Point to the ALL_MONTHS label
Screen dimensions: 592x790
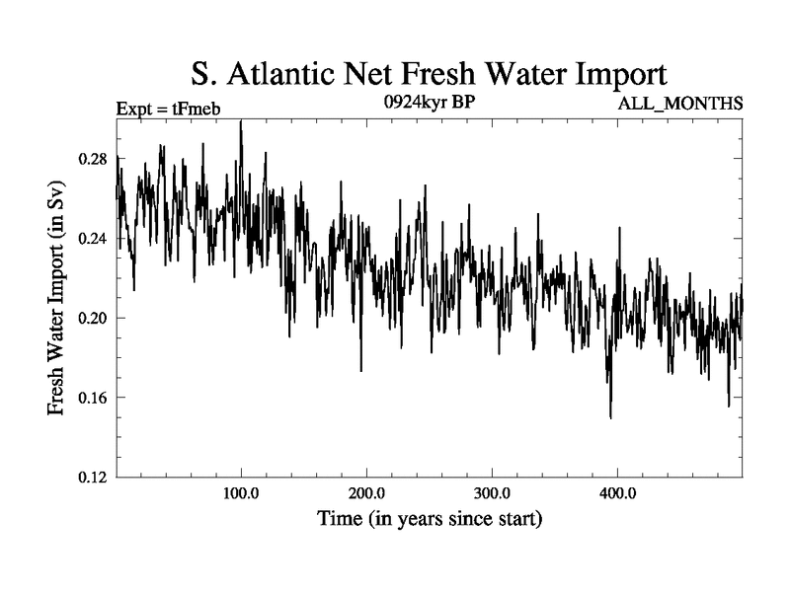(x=680, y=103)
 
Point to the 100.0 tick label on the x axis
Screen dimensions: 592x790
(x=241, y=493)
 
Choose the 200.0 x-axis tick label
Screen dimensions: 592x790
(x=366, y=493)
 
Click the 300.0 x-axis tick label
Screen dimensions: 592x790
(x=492, y=493)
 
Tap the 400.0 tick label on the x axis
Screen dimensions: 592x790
(x=617, y=493)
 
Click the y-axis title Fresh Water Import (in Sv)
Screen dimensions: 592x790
(x=57, y=298)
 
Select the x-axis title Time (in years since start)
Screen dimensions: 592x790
(x=430, y=518)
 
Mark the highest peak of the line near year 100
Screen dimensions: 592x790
(x=241, y=121)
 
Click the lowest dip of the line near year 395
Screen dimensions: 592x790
(x=610, y=417)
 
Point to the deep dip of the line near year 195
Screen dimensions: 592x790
(x=361, y=370)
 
